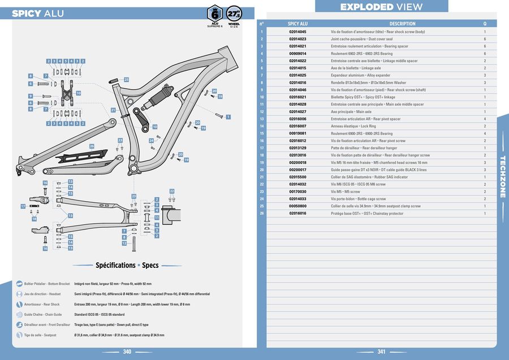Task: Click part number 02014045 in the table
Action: click(x=297, y=32)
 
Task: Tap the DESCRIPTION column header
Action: click(x=402, y=24)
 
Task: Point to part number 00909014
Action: click(x=297, y=54)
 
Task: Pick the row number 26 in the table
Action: click(x=262, y=214)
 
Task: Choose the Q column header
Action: click(x=485, y=24)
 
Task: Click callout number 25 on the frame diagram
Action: click(x=126, y=80)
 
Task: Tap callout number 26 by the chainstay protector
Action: click(x=92, y=146)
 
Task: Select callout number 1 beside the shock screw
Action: click(x=228, y=117)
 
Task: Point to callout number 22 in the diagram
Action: click(x=172, y=192)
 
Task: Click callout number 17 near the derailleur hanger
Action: click(x=23, y=207)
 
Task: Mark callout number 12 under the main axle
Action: click(x=124, y=244)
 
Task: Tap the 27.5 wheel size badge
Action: click(x=234, y=14)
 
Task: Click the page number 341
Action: click(x=381, y=352)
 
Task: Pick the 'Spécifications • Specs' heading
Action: click(x=127, y=265)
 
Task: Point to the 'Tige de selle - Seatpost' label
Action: click(x=40, y=335)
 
